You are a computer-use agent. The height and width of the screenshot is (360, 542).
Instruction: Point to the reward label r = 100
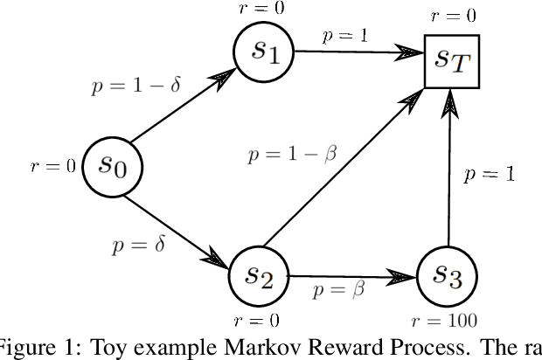click(448, 321)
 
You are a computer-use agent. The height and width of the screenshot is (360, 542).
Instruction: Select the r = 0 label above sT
click(454, 15)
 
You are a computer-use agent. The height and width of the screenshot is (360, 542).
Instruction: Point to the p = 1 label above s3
click(488, 173)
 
